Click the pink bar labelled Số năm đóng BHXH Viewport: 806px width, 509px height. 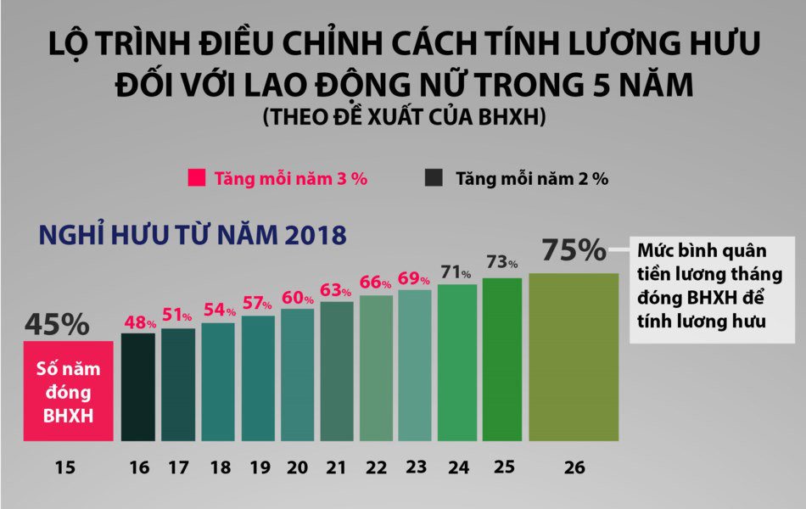click(x=68, y=390)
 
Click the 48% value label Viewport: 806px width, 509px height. click(x=139, y=322)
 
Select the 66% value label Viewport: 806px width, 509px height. click(x=375, y=282)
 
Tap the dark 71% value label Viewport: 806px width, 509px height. click(x=455, y=272)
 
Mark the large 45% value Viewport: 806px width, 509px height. click(x=56, y=324)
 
